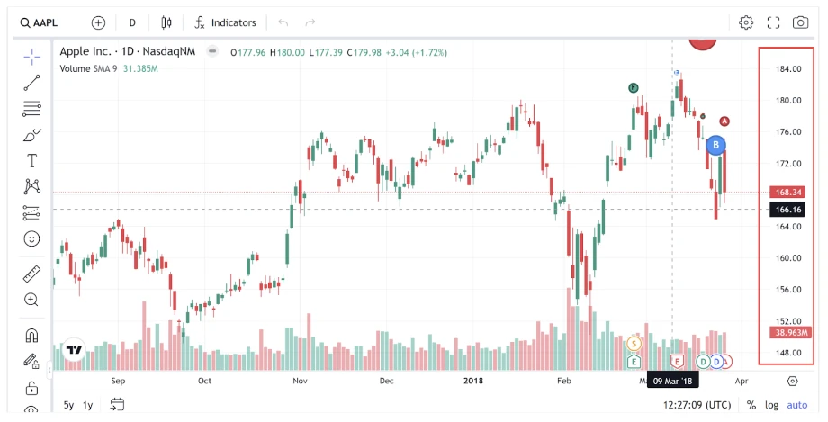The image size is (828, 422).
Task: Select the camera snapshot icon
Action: pyautogui.click(x=800, y=22)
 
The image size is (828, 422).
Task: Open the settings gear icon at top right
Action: pyautogui.click(x=746, y=22)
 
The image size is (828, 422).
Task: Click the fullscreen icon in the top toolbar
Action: pyautogui.click(x=773, y=22)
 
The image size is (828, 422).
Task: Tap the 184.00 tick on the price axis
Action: pyautogui.click(x=788, y=69)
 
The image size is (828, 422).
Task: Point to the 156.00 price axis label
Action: pyautogui.click(x=788, y=290)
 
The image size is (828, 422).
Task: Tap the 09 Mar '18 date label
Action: pyautogui.click(x=673, y=381)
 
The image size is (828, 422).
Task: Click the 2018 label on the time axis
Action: pyautogui.click(x=473, y=381)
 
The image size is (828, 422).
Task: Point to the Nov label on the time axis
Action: pyautogui.click(x=301, y=381)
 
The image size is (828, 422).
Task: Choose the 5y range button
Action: pyautogui.click(x=69, y=405)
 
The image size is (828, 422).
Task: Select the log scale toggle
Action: pyautogui.click(x=772, y=405)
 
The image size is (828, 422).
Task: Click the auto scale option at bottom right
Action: pyautogui.click(x=797, y=405)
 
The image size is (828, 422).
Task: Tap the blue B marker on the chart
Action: pyautogui.click(x=715, y=145)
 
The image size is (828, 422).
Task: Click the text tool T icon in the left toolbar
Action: pyautogui.click(x=32, y=161)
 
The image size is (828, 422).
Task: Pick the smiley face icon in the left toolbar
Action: pyautogui.click(x=32, y=239)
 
